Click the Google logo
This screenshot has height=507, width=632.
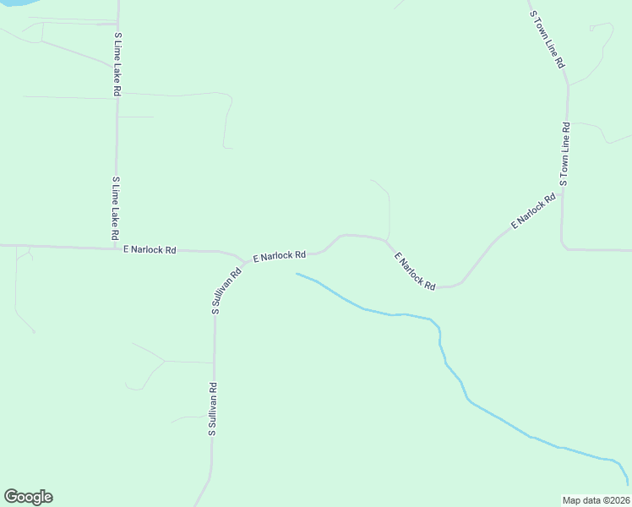pos(28,497)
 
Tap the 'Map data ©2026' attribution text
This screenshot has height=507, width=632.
pos(596,500)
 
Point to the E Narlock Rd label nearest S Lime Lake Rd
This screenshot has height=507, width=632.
pos(150,250)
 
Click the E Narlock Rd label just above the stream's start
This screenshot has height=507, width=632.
pos(279,254)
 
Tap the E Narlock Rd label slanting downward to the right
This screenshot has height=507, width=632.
pos(415,271)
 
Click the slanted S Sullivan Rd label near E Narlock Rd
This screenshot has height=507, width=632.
pos(226,291)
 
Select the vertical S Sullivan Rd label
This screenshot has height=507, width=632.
pos(214,409)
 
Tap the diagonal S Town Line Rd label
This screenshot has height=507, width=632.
pos(547,39)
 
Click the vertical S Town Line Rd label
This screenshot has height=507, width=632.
pos(564,154)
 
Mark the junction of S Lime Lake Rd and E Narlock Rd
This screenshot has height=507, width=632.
pos(117,248)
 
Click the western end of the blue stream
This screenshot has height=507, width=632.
pos(297,274)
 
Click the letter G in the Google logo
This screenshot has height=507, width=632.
pos(11,496)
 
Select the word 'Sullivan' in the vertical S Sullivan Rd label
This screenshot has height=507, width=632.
pos(214,405)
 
